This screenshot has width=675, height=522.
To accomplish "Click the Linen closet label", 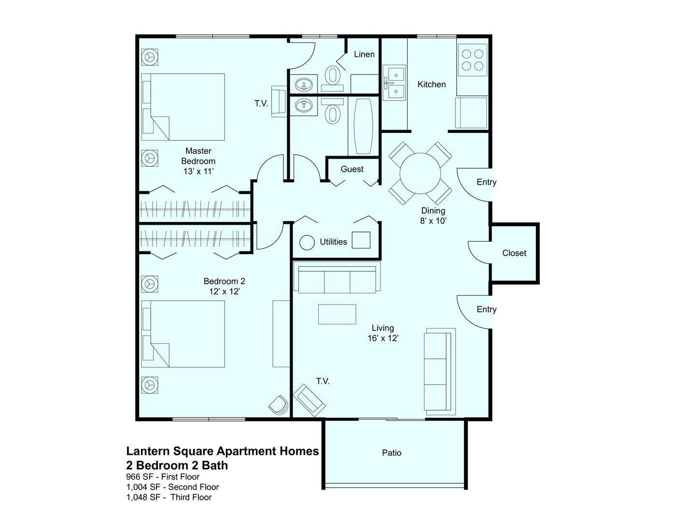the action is coord(364,55).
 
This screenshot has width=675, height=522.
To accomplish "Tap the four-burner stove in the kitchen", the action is coord(472,60).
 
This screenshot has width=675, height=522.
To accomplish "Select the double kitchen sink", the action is coord(394,83).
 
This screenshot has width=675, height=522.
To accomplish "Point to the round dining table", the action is coord(420,173).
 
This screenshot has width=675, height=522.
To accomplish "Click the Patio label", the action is coord(392,453).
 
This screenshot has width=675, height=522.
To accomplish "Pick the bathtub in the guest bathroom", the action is coord(363,126).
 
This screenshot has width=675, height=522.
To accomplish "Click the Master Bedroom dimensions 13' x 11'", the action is coord(198,171).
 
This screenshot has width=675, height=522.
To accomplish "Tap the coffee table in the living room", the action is coord(337,314).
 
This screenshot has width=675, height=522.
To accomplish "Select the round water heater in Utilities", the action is coord(307,242).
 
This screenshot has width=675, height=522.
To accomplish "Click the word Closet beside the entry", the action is coord(514,253).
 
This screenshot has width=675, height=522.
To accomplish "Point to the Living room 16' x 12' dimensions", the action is coord(383,338).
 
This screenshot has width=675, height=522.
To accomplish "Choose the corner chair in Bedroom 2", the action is coord(278,405).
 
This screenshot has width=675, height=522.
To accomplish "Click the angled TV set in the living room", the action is coord(309,400).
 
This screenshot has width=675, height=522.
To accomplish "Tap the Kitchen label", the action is coord(432,84).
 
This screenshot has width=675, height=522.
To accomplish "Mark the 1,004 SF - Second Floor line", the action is coord(172,487).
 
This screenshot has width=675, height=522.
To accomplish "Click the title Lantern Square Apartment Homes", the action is coord(223,451).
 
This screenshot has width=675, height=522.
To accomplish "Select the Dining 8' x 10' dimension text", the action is coord(433,221).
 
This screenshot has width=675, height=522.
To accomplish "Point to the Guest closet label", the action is coord(352,169).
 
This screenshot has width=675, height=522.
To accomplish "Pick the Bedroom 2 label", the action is coord(224,281).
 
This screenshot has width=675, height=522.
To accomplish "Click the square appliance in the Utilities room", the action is coord(361,240).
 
